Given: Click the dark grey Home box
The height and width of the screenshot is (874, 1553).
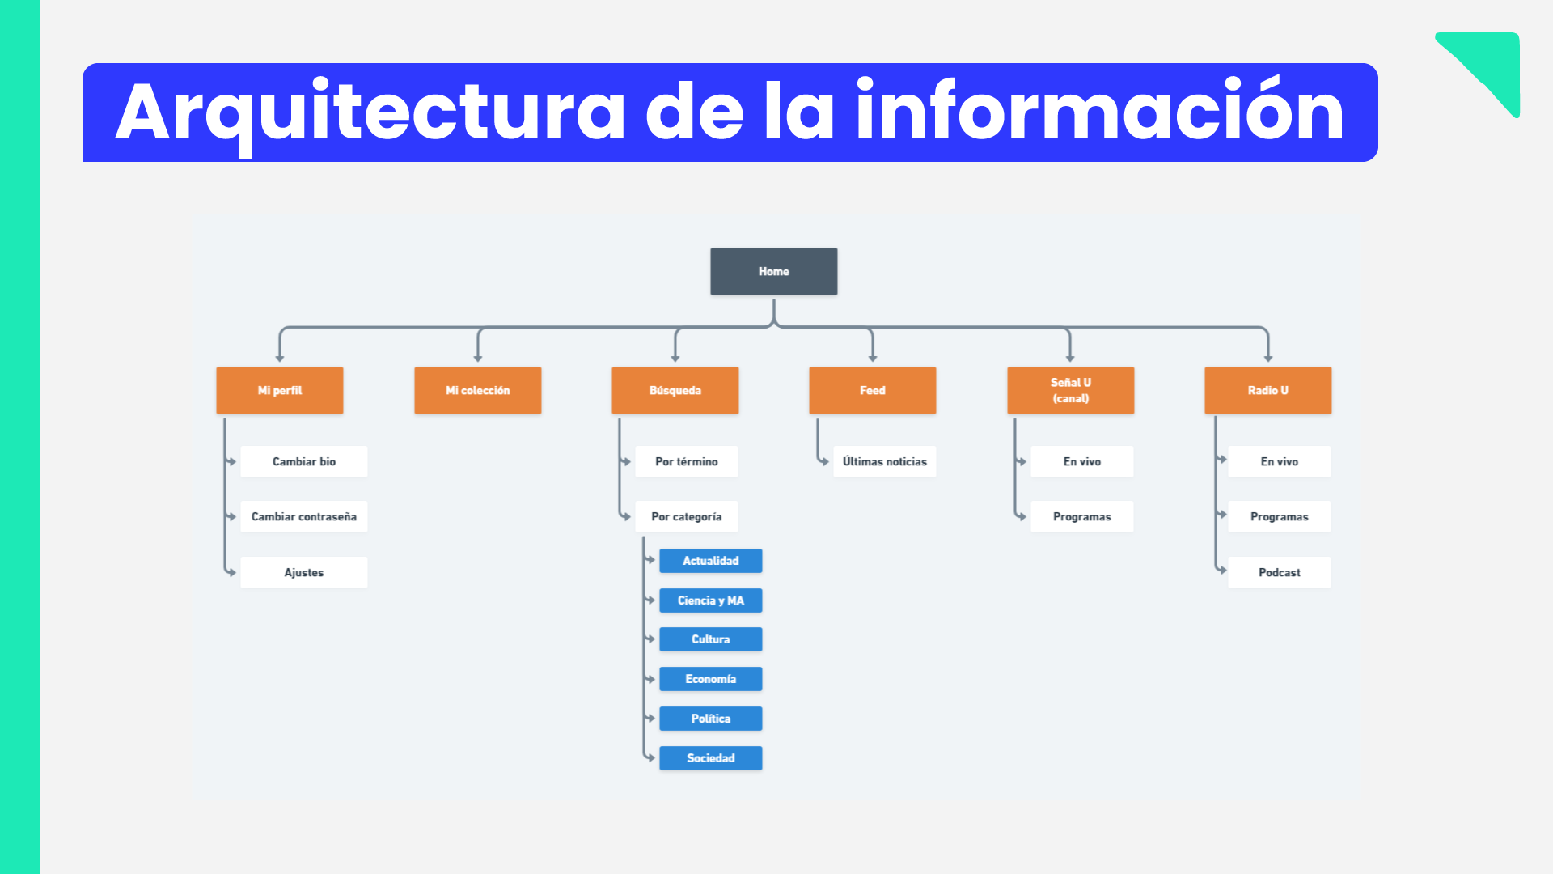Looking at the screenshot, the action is [774, 271].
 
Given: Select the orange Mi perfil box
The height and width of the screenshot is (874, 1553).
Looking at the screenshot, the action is [280, 390].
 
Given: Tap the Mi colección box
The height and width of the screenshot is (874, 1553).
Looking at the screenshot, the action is [478, 390].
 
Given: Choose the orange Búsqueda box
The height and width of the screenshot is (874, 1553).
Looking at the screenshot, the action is [675, 390].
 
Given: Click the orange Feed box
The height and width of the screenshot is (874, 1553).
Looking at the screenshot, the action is [873, 390].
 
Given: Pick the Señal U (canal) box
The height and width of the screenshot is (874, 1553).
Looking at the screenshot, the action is [1071, 390].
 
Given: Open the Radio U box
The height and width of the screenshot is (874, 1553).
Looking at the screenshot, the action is [1268, 390].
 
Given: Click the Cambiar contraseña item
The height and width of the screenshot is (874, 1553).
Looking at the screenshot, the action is [304, 516].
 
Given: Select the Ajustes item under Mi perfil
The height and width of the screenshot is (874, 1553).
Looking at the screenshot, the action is [304, 572].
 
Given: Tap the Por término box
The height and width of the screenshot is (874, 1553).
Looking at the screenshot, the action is [687, 461].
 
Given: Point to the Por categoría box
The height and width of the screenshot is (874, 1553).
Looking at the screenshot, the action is [687, 516].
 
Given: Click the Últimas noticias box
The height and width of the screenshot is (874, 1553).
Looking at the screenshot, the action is [885, 461].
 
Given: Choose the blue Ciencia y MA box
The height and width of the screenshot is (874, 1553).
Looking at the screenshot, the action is [711, 600].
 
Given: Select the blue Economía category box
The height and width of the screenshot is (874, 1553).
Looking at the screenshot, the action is [711, 679].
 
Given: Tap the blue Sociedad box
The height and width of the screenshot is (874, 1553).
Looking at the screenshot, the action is [711, 758].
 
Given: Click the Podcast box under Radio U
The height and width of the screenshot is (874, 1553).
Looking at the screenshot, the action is [1280, 572].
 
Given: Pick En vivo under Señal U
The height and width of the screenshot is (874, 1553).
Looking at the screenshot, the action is [1082, 461].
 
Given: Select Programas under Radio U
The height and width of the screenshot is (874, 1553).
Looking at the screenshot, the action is [1280, 516].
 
